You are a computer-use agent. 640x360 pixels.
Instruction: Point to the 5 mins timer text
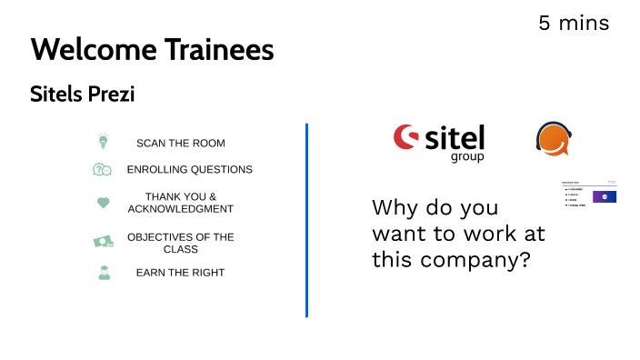574,23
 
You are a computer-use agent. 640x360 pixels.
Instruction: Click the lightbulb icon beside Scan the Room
103,142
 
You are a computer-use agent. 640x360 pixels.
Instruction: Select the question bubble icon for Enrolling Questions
102,169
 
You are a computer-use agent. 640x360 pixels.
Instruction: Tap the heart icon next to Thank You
103,203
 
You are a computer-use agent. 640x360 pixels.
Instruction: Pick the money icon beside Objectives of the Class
103,242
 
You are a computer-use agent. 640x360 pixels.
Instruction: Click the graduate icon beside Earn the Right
104,272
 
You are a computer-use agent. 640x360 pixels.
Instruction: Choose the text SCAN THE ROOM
180,143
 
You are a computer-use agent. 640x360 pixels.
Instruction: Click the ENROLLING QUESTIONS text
189,169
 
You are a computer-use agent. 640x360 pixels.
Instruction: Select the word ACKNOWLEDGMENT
180,209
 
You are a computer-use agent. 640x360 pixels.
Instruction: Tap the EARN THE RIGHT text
180,273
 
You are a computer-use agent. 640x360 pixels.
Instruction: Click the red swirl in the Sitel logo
405,137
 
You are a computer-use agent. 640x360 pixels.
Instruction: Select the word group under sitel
467,156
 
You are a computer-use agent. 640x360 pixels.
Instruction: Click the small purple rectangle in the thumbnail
605,195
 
